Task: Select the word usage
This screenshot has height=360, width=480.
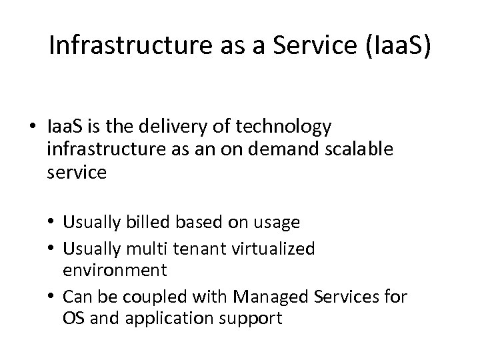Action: point(276,222)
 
